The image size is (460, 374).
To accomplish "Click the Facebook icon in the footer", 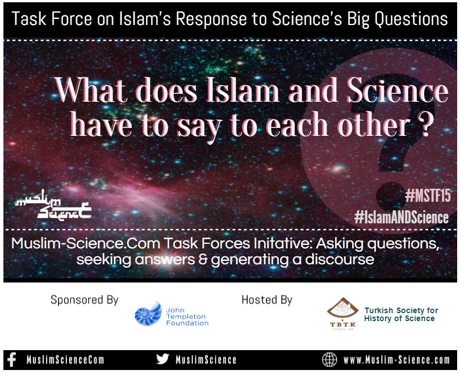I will (11, 359).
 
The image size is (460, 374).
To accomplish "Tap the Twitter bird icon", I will (162, 359).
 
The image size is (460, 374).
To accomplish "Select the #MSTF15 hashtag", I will (428, 197).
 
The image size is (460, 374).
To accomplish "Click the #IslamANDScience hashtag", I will (402, 217).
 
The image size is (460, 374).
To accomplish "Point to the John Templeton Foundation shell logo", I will (148, 313).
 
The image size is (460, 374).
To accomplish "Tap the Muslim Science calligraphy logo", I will (53, 207).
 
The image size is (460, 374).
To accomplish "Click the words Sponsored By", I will (85, 300).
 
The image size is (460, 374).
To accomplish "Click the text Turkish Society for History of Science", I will (401, 314).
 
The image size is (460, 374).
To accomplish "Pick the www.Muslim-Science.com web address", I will (396, 360).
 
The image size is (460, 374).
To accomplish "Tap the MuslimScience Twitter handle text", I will (206, 360).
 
